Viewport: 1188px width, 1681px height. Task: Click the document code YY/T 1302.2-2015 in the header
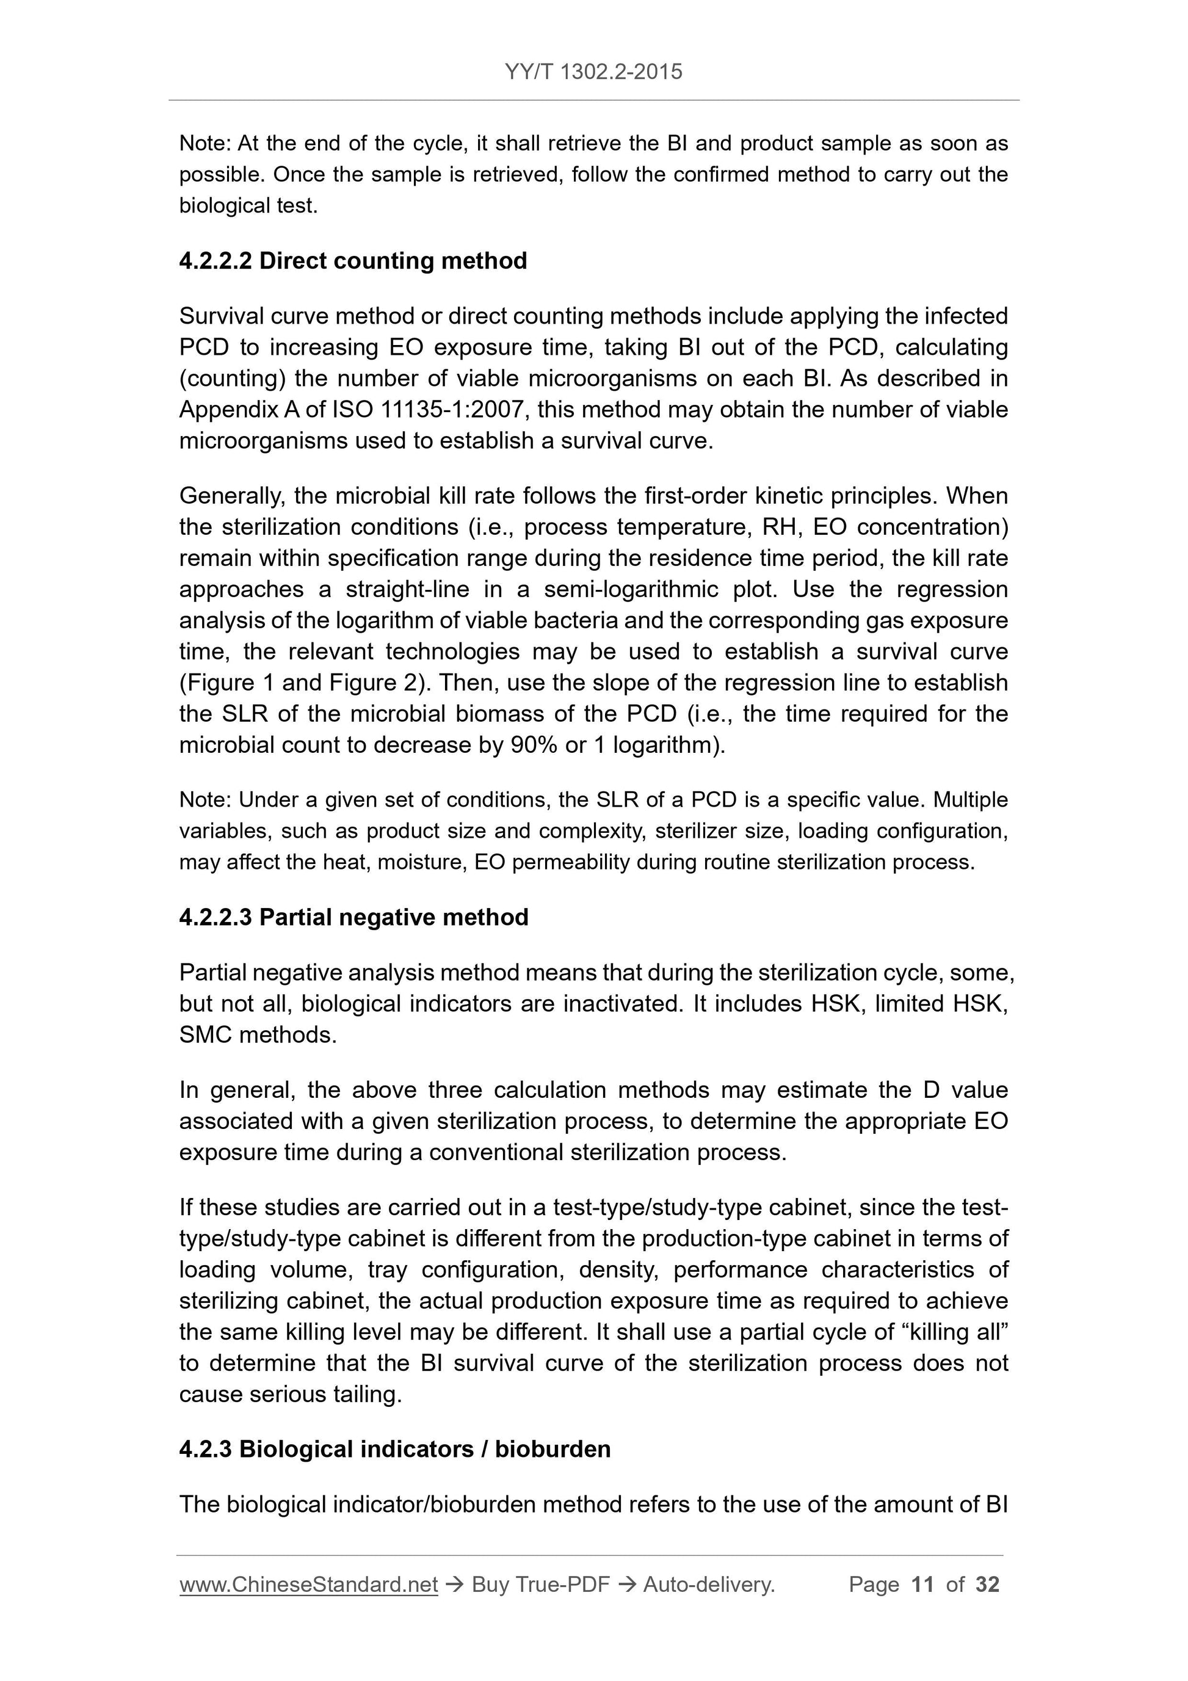pos(593,72)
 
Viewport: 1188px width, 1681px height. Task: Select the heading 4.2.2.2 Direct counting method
pos(353,261)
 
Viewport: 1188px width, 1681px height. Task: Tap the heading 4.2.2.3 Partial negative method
pos(353,917)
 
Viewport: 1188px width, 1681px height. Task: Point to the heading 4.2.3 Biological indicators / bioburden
pos(394,1449)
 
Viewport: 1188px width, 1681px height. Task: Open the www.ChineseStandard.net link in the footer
pos(308,1585)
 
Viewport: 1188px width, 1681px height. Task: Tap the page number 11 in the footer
pos(922,1585)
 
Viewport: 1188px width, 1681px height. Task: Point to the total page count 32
pos(987,1585)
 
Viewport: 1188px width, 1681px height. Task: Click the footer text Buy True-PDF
pos(540,1585)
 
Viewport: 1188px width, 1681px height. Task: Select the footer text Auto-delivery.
pos(709,1585)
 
